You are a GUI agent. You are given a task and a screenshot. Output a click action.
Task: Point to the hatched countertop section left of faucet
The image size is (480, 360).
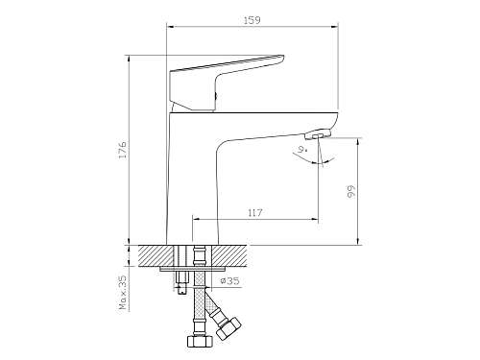154,256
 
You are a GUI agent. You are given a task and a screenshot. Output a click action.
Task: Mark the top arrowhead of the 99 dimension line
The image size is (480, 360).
359,142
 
